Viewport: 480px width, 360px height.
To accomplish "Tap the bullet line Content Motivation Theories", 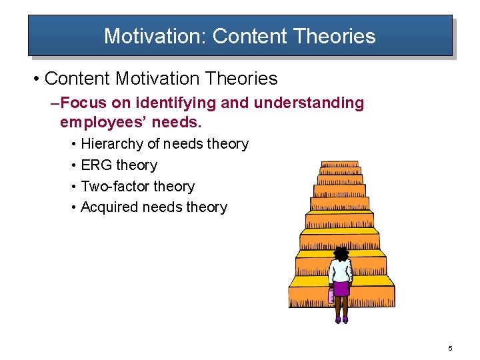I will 161,79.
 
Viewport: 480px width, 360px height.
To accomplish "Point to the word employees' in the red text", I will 107,123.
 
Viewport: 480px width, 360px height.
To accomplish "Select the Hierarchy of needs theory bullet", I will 164,144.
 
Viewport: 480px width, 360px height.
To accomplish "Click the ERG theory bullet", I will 119,165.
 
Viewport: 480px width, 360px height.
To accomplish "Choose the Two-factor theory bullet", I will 137,187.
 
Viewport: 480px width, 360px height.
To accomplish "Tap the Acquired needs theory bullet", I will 153,207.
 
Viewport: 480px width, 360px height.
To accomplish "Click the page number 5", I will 450,349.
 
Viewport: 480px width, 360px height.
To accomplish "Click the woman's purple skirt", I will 341,289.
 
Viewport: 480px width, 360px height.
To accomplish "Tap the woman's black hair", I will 341,253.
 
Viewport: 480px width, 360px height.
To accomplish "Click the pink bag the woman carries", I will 331,295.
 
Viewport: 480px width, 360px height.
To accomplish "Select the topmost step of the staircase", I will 339,164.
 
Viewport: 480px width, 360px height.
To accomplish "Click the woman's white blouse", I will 341,271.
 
